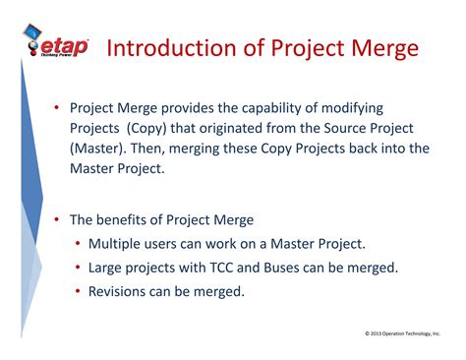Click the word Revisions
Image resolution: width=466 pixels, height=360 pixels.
point(122,291)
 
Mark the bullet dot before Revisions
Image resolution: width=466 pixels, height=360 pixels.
point(77,291)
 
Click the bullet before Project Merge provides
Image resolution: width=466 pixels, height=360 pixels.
point(58,107)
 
